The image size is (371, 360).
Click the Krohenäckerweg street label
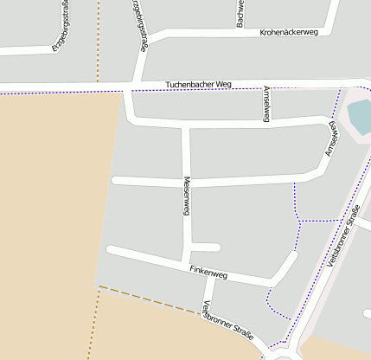coord(289,32)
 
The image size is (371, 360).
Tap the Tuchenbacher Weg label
coord(199,84)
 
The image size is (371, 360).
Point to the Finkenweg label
coord(208,273)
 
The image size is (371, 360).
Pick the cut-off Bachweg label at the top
coord(240,13)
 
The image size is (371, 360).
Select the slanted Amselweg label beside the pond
coord(332,138)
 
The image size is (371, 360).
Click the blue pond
coord(359,116)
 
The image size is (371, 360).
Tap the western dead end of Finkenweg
coord(110,250)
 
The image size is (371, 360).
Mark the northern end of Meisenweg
coord(185,127)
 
